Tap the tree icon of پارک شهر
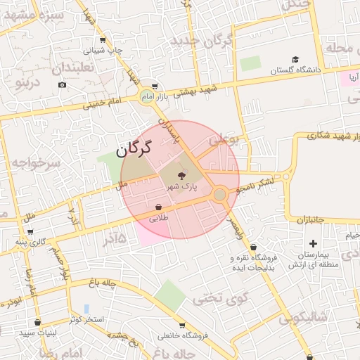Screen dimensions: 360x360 pyautogui.click(x=182, y=175)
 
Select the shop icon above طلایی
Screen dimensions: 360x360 pyautogui.click(x=159, y=207)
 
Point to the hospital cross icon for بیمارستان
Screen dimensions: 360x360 pyautogui.click(x=314, y=243)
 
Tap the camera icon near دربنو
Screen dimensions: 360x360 pyautogui.click(x=63, y=85)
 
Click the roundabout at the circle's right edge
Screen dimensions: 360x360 pyautogui.click(x=220, y=194)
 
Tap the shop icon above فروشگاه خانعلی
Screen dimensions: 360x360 pyautogui.click(x=182, y=326)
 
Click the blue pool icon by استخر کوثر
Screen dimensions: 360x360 pyautogui.click(x=86, y=309)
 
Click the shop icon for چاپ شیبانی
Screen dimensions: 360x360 pyautogui.click(x=103, y=41)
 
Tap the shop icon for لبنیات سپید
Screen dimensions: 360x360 pyautogui.click(x=37, y=322)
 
